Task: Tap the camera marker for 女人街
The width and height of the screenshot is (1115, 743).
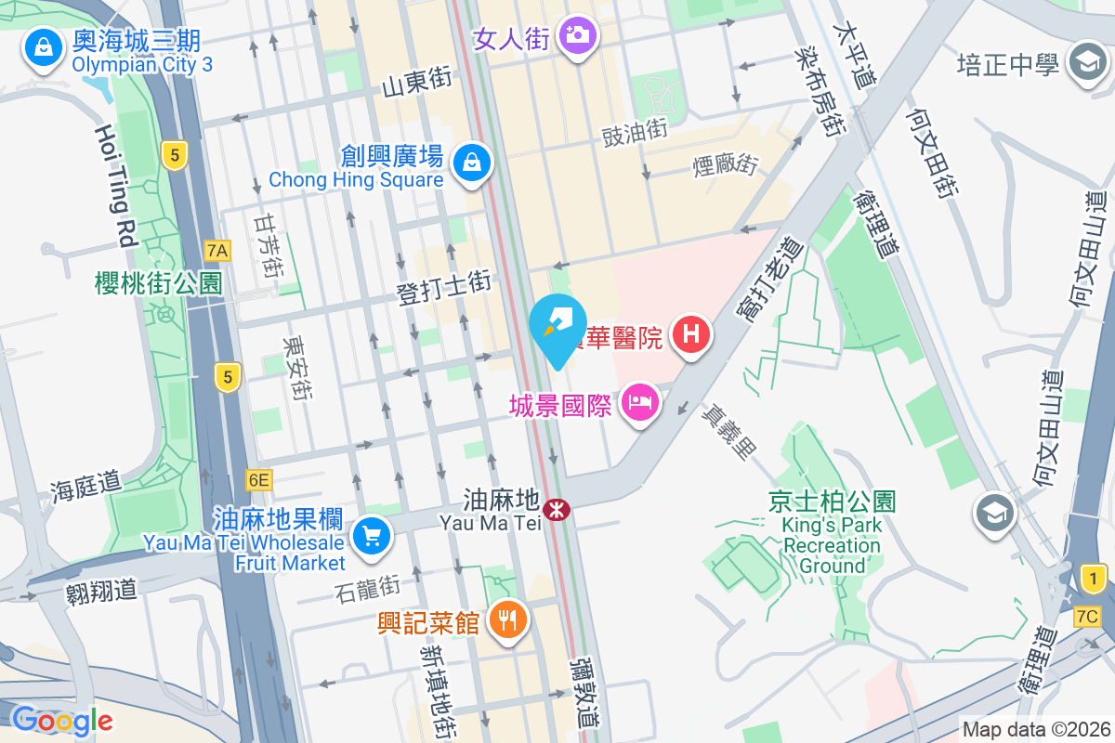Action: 578,37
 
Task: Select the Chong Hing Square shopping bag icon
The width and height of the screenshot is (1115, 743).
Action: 472,163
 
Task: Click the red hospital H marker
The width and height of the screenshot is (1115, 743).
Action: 690,334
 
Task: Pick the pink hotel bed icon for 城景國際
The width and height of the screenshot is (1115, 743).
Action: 639,404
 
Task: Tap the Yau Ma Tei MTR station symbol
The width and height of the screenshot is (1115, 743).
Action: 557,509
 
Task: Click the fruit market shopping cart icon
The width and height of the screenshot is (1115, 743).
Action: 372,537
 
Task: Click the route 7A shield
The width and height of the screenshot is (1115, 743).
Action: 217,251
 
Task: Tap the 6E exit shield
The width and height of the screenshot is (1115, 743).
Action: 259,480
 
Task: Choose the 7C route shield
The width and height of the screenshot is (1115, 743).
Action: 1086,617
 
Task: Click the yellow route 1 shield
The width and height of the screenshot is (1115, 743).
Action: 1095,580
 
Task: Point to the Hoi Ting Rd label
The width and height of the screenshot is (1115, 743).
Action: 116,186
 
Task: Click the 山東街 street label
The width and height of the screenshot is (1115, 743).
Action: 417,84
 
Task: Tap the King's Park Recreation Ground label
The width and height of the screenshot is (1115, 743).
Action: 832,545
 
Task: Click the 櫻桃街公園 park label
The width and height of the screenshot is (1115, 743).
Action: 159,283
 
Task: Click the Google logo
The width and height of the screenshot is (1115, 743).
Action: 61,721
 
